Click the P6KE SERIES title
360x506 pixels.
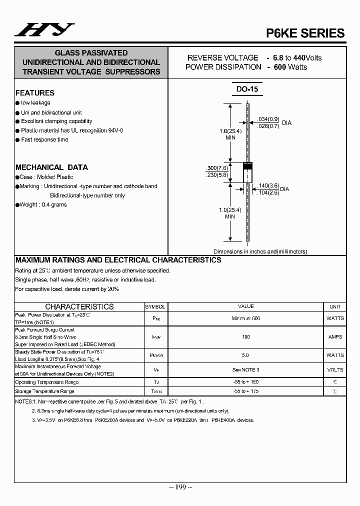pos(305,33)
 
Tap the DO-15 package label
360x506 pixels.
pos(247,89)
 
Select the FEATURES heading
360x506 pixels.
pos(35,93)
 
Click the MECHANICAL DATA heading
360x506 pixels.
pos(51,167)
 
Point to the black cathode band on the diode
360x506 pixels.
pos(247,165)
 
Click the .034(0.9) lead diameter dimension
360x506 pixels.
pos(268,119)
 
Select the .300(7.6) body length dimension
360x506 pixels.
pos(217,168)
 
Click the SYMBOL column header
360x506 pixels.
pos(155,306)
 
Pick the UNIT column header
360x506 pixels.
pos(335,306)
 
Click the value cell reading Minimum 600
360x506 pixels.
pos(246,318)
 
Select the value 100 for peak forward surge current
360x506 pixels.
pos(246,337)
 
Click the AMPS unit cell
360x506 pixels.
pos(335,337)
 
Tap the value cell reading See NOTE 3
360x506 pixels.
pos(246,370)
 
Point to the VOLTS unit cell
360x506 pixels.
pos(335,370)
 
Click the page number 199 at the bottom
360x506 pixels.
pos(180,487)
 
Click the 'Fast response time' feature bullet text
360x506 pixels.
pos(44,139)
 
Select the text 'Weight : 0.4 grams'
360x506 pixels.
pos(43,204)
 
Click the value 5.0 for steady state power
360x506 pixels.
pos(246,355)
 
